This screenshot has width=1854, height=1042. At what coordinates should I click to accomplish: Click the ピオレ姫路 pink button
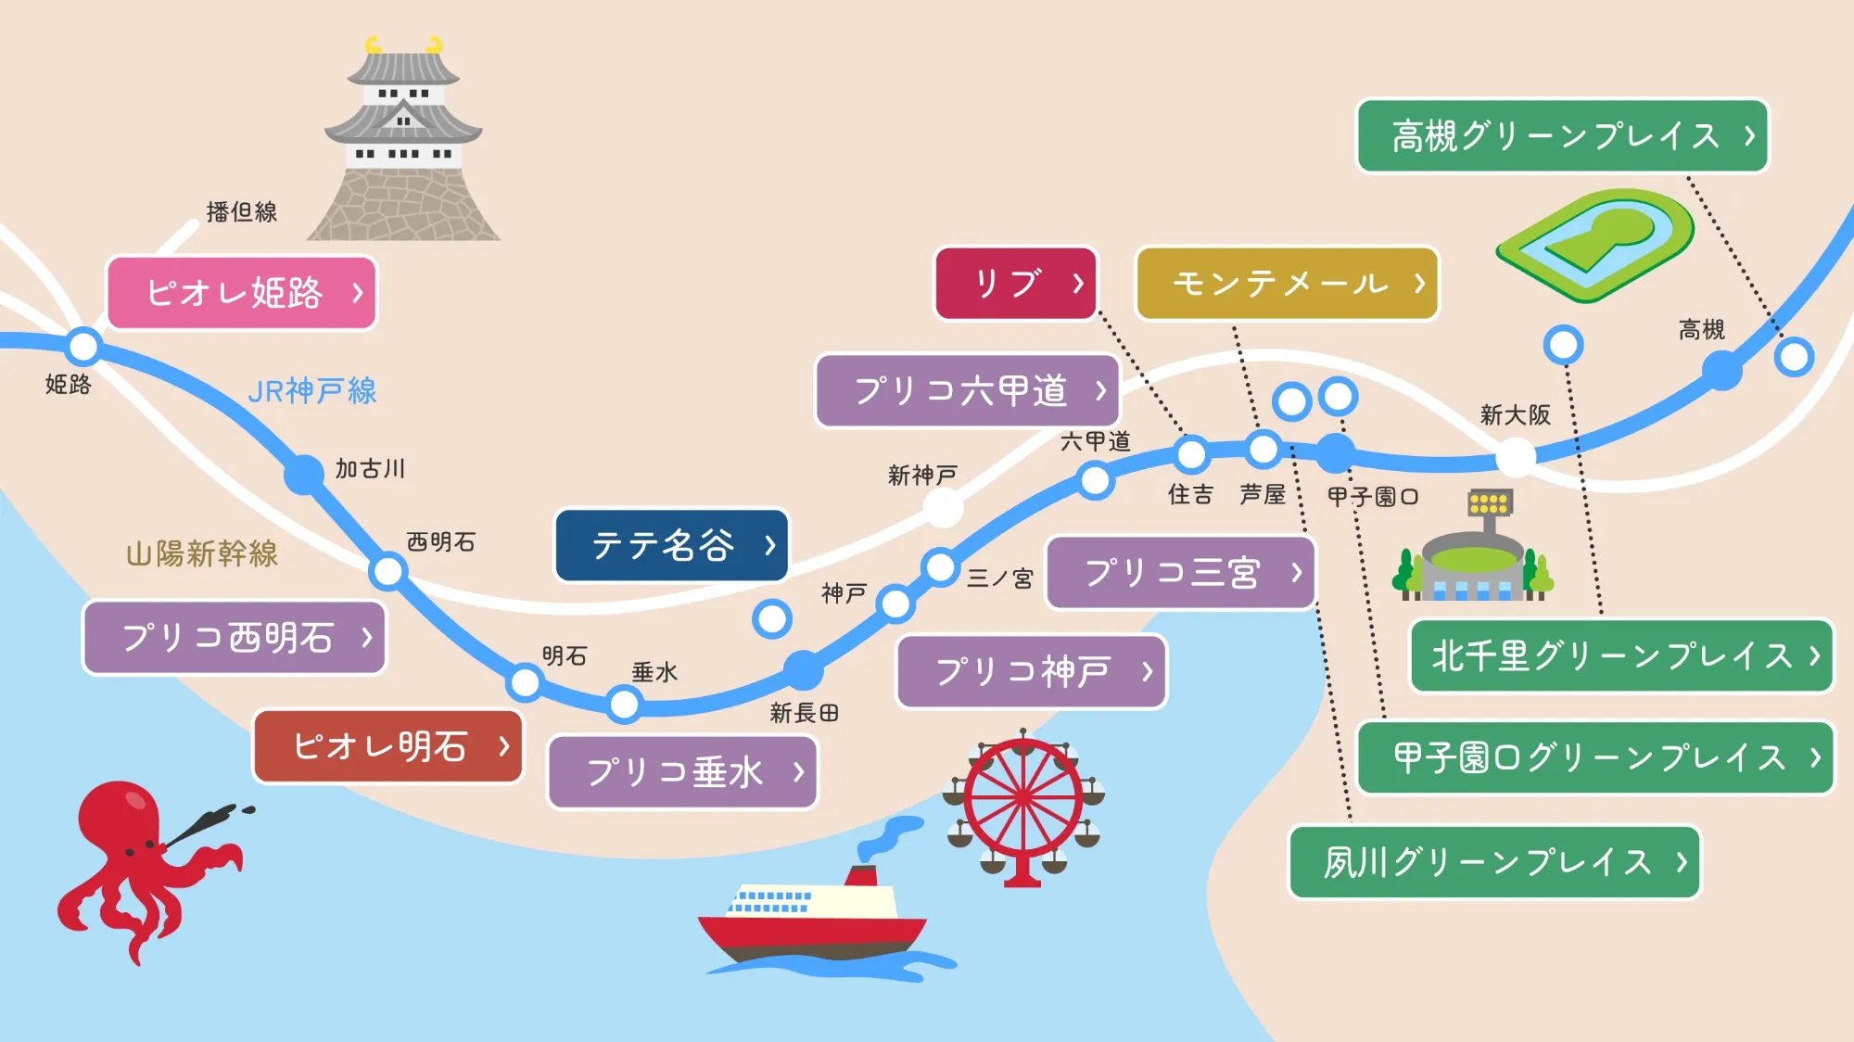pyautogui.click(x=242, y=293)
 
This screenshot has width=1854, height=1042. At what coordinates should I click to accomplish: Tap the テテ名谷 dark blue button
pyautogui.click(x=672, y=545)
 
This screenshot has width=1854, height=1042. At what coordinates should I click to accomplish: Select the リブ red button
pyautogui.click(x=1016, y=284)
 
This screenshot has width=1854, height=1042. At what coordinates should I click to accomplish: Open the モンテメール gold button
pyautogui.click(x=1287, y=284)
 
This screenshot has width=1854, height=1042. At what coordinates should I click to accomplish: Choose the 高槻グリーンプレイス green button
pyautogui.click(x=1562, y=136)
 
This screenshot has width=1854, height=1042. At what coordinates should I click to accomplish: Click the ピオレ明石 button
pyautogui.click(x=388, y=746)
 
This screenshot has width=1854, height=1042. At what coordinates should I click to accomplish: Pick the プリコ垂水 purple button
pyautogui.click(x=683, y=772)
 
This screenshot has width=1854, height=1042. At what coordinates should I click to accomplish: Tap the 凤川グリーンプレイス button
pyautogui.click(x=1494, y=862)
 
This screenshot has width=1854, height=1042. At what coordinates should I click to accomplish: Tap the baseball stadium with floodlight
pyautogui.click(x=1474, y=556)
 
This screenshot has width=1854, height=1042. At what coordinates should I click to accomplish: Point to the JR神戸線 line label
pyautogui.click(x=312, y=391)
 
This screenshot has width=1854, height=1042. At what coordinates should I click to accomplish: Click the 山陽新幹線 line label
pyautogui.click(x=202, y=554)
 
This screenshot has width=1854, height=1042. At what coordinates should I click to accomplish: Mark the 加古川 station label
pyautogui.click(x=370, y=469)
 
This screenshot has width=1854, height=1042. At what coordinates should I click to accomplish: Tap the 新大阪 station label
pyautogui.click(x=1515, y=415)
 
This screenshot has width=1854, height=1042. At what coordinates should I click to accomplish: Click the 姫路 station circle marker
pyautogui.click(x=83, y=347)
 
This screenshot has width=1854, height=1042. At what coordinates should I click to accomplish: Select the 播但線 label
pyautogui.click(x=241, y=212)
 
